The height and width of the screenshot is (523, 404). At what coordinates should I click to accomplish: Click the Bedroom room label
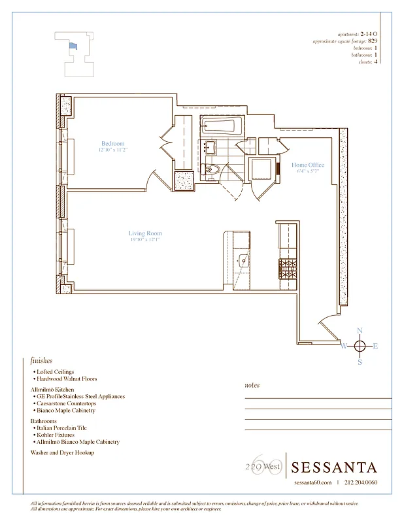pos(112,143)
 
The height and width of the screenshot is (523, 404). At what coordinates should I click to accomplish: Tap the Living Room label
pos(144,233)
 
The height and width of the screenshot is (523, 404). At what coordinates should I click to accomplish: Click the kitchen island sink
pos(243,260)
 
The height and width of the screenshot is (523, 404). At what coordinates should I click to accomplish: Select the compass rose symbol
pos(359,346)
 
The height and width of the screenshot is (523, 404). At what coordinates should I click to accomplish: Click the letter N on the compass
pos(359,331)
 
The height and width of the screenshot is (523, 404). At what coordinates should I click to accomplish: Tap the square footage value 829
pos(373,41)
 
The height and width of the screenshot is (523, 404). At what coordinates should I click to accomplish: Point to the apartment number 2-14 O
pos(369,34)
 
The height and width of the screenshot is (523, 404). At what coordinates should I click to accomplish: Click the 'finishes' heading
pos(41,360)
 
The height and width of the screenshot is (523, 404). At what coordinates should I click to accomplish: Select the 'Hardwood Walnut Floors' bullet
pos(67,379)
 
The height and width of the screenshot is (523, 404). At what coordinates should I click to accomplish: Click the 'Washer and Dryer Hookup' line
pos(61,452)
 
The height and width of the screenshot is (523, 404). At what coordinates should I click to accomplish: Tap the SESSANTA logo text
pos(334,467)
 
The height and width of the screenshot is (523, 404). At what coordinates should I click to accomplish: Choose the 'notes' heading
pos(252,385)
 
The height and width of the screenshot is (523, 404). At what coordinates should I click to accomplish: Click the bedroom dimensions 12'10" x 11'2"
pos(112,150)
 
